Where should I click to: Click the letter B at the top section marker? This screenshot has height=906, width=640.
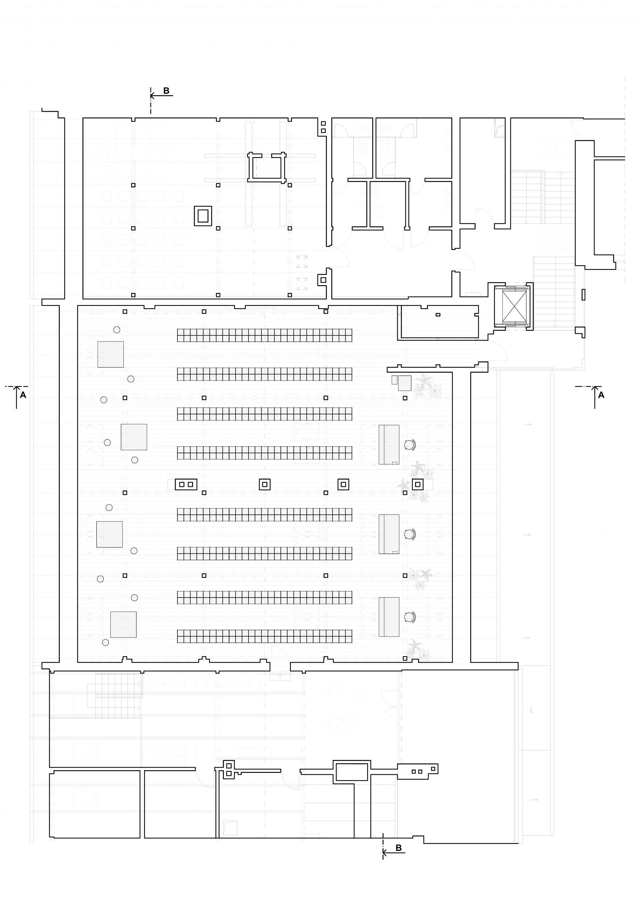(x=166, y=91)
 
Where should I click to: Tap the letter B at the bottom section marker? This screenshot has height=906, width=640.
(x=399, y=848)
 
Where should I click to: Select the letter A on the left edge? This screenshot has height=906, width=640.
(x=23, y=395)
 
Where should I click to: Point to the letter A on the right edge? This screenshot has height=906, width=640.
(x=601, y=395)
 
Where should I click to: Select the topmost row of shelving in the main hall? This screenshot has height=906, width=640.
(x=264, y=335)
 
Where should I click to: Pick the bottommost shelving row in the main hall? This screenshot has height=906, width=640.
(x=264, y=636)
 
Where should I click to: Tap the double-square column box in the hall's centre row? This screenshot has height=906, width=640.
(x=186, y=484)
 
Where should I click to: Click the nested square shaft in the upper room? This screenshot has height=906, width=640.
(x=203, y=216)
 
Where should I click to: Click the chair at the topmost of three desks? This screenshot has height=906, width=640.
(x=410, y=445)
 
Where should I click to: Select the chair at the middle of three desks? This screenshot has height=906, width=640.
(x=410, y=534)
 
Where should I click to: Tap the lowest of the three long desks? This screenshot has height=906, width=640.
(x=389, y=617)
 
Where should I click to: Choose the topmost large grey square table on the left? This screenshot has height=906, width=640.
(x=110, y=354)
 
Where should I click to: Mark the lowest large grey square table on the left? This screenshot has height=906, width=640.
(x=123, y=625)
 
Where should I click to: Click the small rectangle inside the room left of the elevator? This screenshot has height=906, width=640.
(x=438, y=315)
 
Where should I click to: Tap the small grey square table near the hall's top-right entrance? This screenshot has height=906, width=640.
(x=404, y=383)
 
